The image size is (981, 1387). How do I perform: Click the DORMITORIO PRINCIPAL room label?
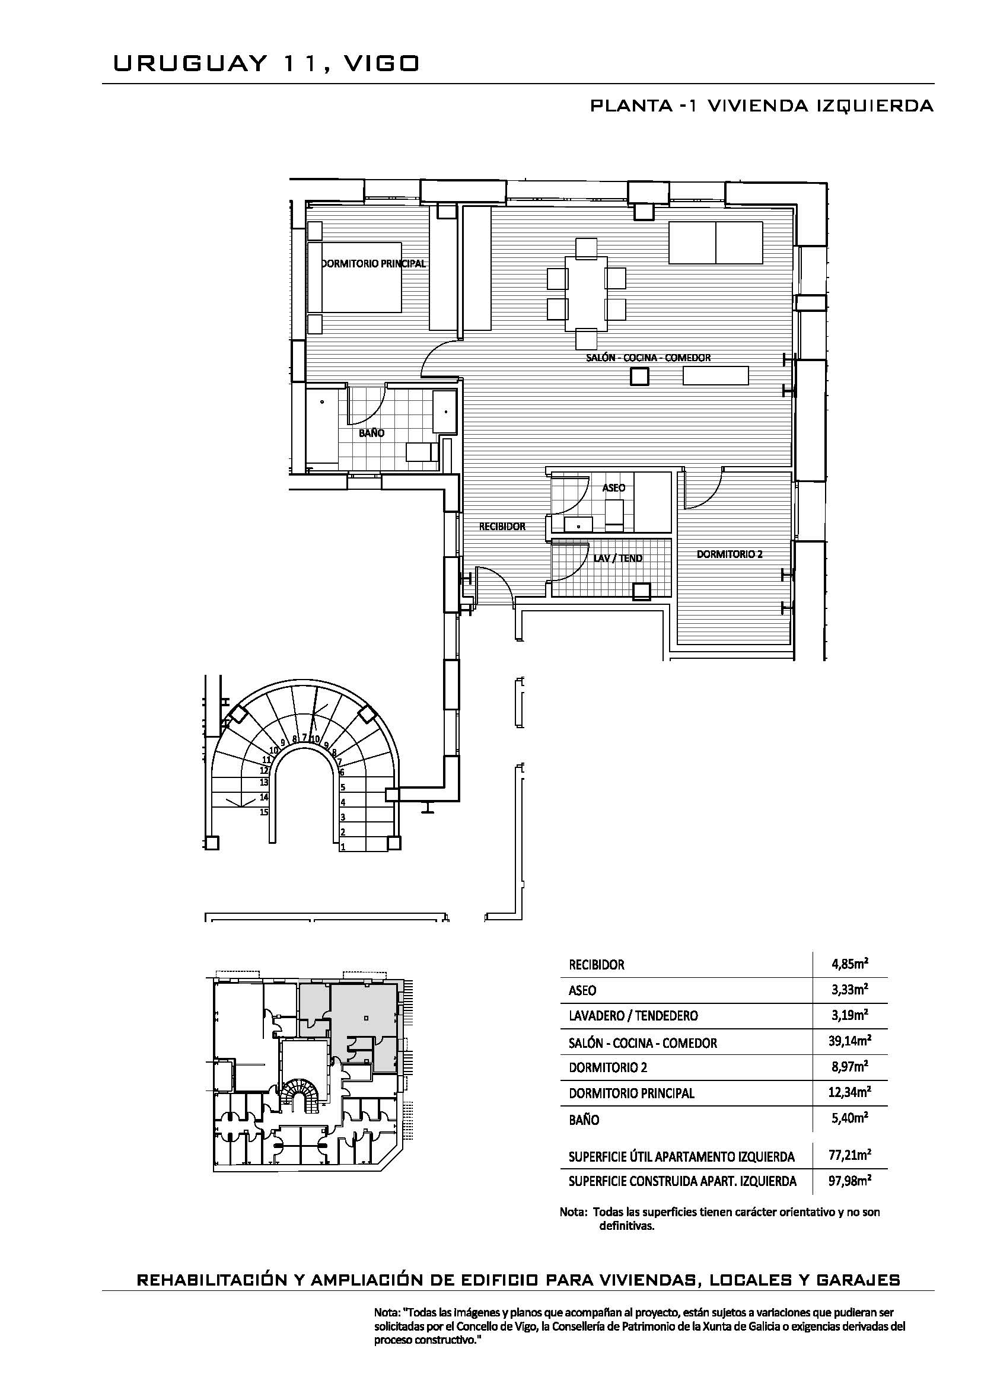(373, 263)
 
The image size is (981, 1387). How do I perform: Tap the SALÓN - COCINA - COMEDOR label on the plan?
(648, 358)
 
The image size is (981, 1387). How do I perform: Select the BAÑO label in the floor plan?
(371, 433)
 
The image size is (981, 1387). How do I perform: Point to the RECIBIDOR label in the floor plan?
(502, 526)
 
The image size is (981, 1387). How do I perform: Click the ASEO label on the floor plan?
(614, 487)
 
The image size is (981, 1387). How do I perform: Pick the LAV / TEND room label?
(618, 558)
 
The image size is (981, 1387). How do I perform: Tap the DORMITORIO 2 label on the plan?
(729, 553)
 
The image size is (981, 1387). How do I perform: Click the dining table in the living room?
(587, 294)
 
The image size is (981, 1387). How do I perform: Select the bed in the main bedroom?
(355, 278)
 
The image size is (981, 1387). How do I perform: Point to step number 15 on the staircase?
(264, 812)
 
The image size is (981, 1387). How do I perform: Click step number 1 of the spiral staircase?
(343, 847)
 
